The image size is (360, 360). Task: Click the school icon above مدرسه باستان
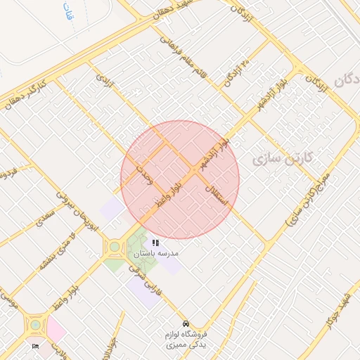point(155,243)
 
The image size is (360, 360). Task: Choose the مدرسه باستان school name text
point(155,252)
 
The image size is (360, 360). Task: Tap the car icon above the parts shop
point(185,323)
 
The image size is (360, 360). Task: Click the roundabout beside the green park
point(114,247)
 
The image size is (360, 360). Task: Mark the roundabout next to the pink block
point(34,326)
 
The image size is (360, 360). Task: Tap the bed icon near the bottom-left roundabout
point(36,345)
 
